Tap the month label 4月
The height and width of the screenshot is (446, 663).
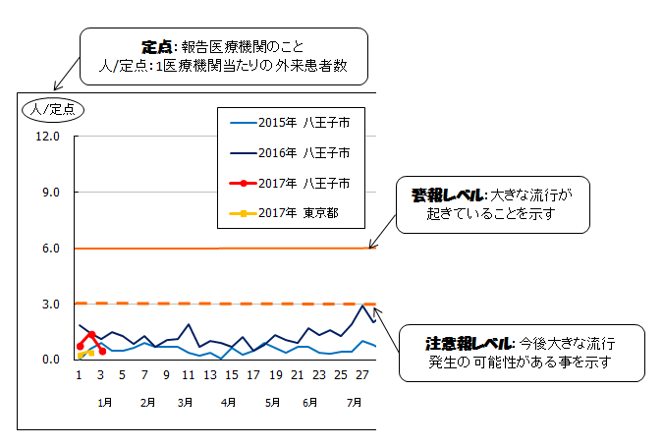click(228, 403)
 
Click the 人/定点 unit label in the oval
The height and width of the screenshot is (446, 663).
click(54, 108)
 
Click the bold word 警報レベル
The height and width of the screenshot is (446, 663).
click(444, 195)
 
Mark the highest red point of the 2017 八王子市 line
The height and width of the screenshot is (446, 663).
click(90, 334)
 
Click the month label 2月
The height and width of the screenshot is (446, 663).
click(149, 403)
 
